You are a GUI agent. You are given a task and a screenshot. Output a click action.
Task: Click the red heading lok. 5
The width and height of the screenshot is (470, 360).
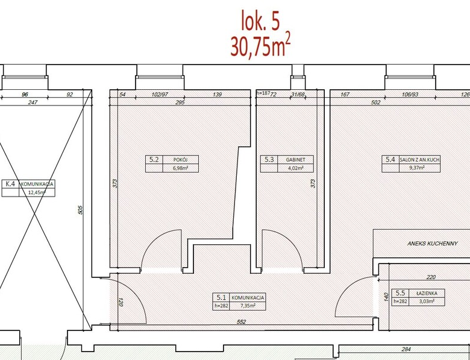[x=260, y=21]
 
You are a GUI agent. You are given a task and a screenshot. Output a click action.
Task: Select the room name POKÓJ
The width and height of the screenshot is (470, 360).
[x=180, y=160]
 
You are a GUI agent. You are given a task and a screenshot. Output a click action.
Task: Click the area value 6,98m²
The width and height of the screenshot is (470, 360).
[x=180, y=168]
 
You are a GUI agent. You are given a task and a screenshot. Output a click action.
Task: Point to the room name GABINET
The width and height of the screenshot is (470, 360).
[x=295, y=160]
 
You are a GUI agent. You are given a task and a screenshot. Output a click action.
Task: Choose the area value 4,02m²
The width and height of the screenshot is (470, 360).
[x=295, y=168]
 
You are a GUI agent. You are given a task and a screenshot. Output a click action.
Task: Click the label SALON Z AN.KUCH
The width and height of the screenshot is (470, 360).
[x=419, y=160]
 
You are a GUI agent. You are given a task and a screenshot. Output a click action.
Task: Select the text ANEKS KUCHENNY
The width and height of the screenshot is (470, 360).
[x=432, y=243]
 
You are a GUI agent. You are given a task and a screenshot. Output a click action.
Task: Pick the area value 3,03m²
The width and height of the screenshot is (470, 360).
[x=427, y=302]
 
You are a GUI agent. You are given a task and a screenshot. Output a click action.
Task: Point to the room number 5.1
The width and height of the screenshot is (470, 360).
[x=221, y=297]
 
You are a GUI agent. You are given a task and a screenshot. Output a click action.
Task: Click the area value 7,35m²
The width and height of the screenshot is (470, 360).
[x=248, y=306]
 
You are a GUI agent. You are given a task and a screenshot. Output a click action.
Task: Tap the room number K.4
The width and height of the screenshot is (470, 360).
[x=10, y=183]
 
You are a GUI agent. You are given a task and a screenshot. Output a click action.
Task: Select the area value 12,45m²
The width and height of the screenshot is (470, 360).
[x=37, y=192]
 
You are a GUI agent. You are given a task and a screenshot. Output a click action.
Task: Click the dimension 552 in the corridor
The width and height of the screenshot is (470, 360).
[x=241, y=322]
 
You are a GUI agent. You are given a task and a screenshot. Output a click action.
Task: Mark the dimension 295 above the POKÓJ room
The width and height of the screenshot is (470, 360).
[x=180, y=103]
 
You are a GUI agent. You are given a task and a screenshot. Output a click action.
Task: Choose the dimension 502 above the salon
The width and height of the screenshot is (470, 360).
[x=375, y=103]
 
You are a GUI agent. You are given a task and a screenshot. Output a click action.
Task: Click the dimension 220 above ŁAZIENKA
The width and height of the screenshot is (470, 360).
[x=431, y=277]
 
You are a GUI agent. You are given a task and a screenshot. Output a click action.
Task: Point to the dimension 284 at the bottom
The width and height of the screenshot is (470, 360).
[x=406, y=349]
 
